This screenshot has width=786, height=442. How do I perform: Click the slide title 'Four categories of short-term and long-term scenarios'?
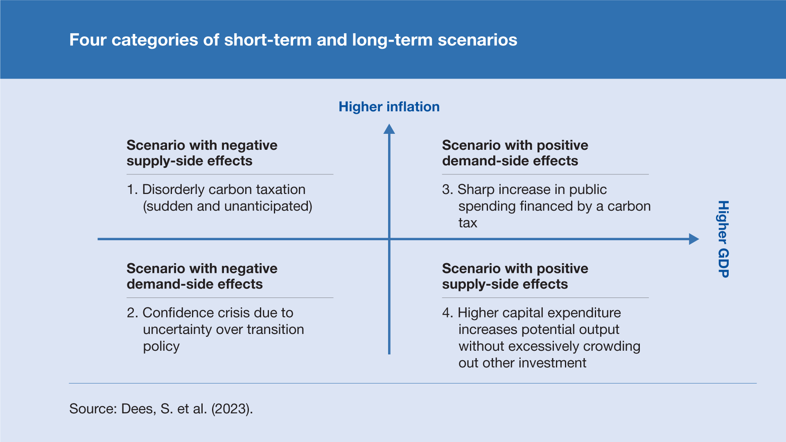[293, 40]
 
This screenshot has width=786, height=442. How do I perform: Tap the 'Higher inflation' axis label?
[389, 107]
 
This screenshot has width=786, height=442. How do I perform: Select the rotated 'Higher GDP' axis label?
[723, 239]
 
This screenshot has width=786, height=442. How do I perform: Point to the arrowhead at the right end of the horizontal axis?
[694, 239]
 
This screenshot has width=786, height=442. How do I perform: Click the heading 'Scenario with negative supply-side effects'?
[202, 153]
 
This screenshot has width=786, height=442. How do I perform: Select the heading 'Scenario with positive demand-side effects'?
[515, 153]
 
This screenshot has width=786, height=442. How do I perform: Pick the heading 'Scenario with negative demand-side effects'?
[202, 276]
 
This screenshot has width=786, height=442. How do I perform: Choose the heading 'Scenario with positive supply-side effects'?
[515, 276]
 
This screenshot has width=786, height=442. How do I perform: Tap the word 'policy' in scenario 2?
[161, 347]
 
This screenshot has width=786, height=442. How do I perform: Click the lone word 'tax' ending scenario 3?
[468, 223]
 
